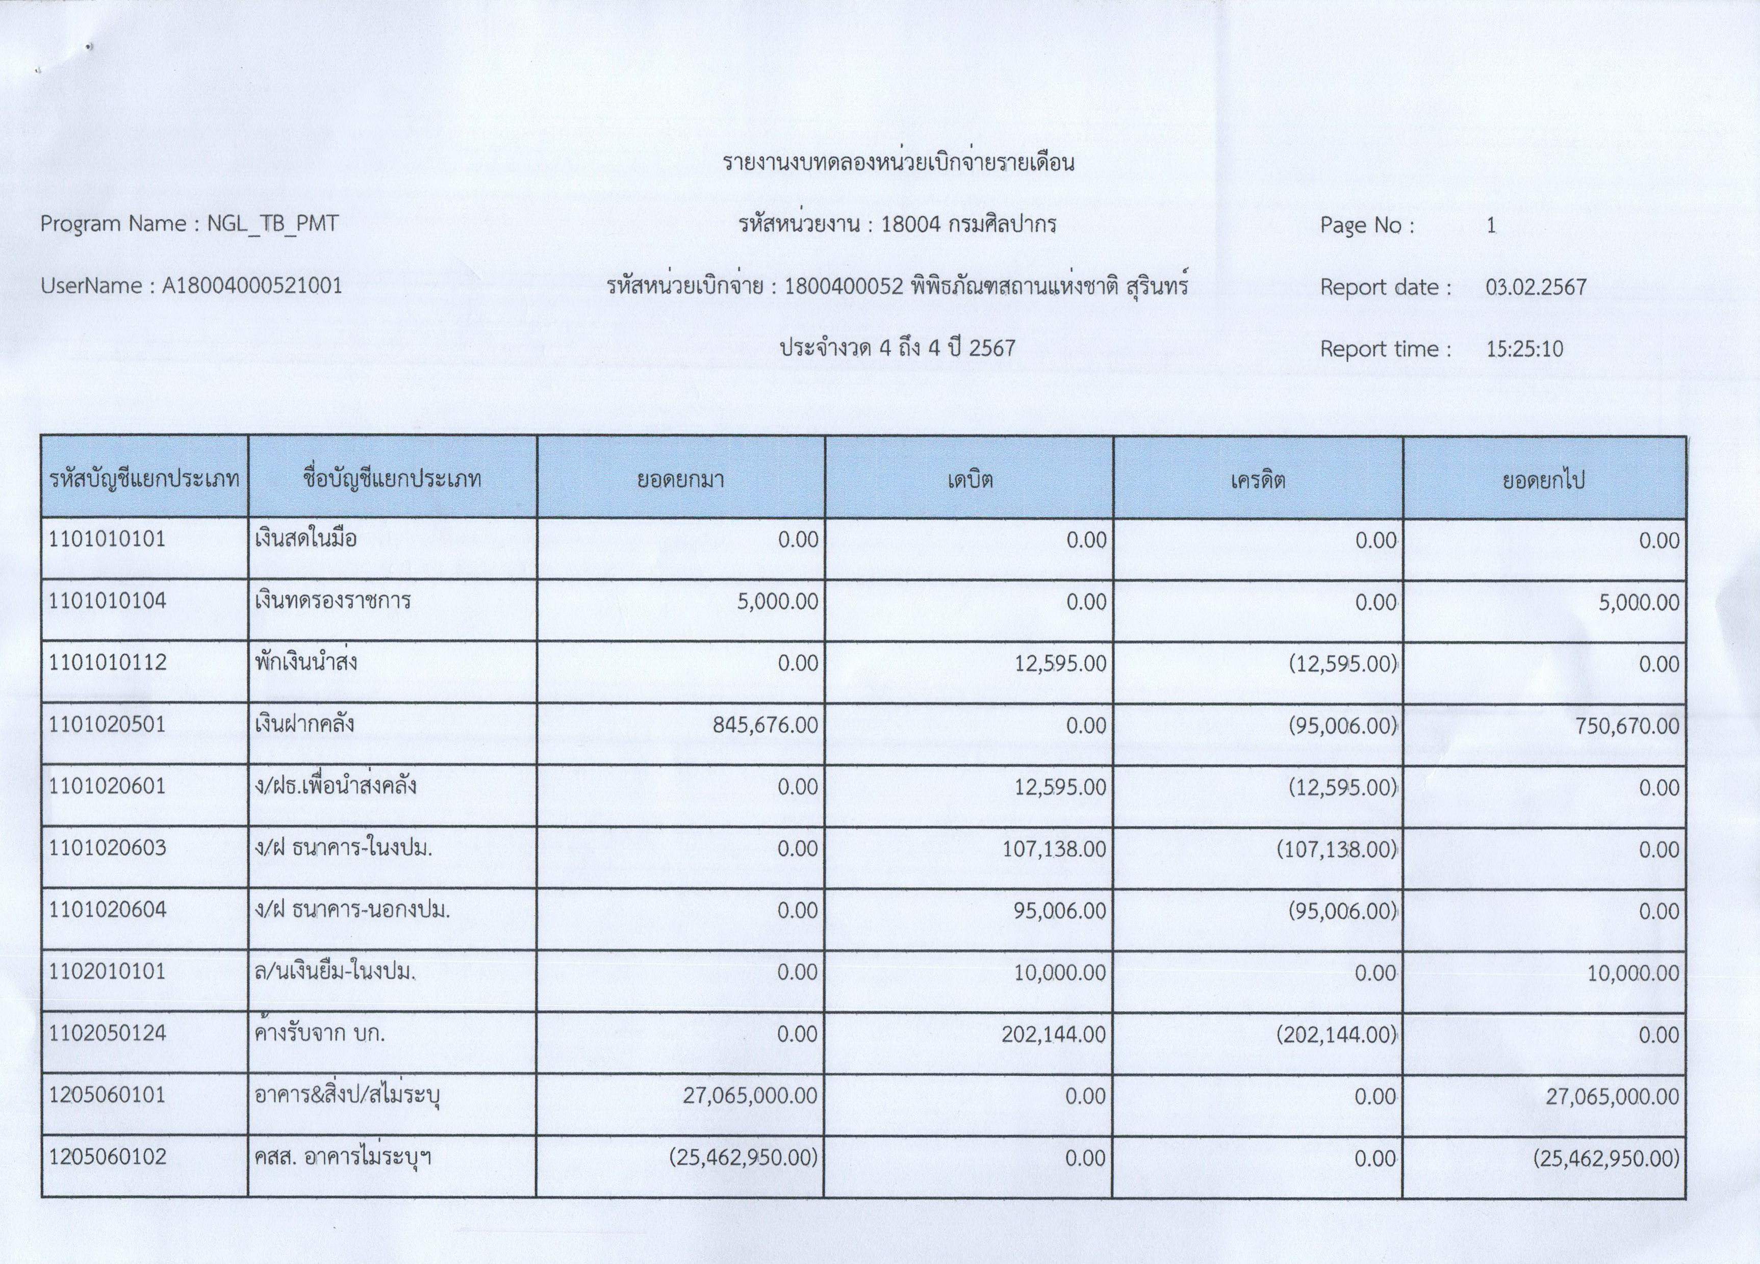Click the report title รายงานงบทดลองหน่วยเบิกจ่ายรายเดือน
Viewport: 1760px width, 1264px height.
pos(898,163)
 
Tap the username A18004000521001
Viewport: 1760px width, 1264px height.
pos(252,286)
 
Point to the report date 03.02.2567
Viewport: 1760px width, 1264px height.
pos(1536,287)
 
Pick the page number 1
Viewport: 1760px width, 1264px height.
pos(1491,226)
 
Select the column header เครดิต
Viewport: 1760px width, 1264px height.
pos(1258,479)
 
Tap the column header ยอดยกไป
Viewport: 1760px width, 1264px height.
pos(1543,479)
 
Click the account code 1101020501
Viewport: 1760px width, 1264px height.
pos(107,725)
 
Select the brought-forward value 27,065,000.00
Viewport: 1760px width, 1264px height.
pos(750,1096)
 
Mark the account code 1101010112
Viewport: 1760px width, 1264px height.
pos(107,663)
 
